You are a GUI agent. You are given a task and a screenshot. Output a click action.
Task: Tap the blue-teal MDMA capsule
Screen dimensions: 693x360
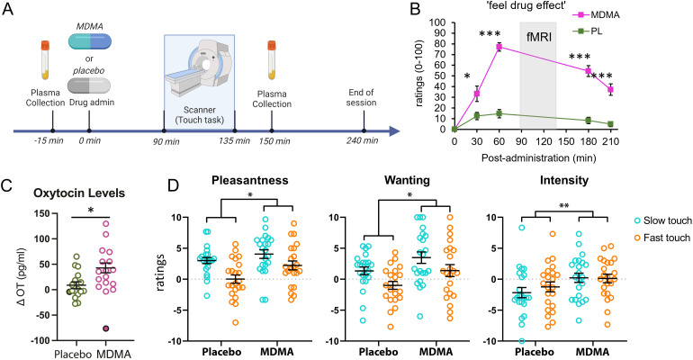click(90, 41)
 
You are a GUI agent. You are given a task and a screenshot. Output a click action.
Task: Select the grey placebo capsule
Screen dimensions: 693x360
click(89, 85)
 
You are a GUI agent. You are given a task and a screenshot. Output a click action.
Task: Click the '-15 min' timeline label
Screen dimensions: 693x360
click(49, 141)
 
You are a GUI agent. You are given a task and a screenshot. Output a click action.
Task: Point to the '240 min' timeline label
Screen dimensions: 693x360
click(363, 141)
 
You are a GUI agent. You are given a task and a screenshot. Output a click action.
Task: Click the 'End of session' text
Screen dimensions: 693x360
click(361, 97)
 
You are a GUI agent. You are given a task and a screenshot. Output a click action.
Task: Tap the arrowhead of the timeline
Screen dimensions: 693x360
click(394, 131)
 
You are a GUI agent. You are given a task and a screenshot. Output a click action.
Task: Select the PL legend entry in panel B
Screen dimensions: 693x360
click(588, 31)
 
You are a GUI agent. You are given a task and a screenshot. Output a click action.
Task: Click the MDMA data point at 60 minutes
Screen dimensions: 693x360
click(499, 47)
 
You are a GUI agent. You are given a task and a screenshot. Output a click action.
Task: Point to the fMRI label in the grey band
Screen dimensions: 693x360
click(539, 37)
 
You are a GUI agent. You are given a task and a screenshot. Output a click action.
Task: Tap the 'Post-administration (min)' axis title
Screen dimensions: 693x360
click(538, 158)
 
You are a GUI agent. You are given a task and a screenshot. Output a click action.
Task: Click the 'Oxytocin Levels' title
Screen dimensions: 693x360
click(79, 193)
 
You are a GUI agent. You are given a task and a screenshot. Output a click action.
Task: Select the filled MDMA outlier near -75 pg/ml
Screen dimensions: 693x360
click(106, 328)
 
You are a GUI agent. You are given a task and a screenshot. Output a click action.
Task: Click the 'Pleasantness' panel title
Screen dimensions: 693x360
click(249, 180)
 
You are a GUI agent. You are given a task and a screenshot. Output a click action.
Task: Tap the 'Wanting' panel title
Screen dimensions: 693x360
click(407, 180)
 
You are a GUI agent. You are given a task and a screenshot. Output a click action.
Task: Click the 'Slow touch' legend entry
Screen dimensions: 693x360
click(661, 220)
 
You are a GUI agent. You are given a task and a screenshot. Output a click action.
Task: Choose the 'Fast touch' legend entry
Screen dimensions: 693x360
click(661, 238)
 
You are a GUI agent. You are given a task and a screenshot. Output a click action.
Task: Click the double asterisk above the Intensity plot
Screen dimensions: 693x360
click(563, 206)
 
